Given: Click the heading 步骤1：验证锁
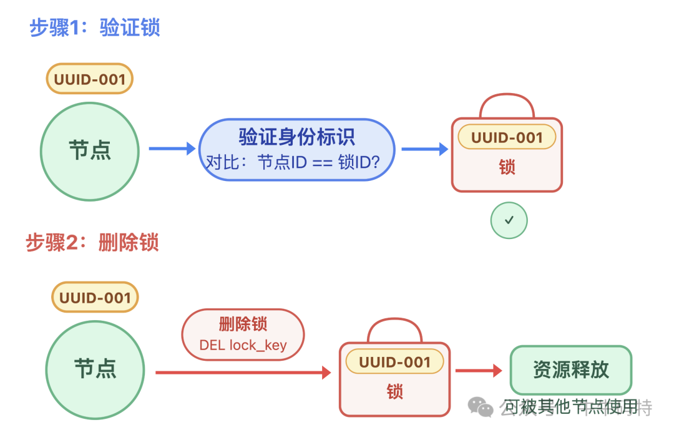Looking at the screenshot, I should (x=95, y=28).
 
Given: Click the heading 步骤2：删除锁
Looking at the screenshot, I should (x=92, y=242).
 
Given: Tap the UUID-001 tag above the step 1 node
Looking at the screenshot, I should (x=90, y=79).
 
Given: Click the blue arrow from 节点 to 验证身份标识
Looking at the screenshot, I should (x=172, y=149).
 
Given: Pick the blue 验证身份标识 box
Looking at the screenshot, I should (x=297, y=150).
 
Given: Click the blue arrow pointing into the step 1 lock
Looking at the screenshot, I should (x=424, y=149).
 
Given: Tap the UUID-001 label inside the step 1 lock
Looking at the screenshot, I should (x=507, y=137).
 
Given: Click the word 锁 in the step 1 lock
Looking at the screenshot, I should (x=507, y=167).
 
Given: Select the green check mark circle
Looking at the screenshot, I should (x=509, y=220).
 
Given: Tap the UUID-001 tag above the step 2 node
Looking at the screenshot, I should (x=95, y=298).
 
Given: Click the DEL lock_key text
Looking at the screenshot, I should (x=243, y=345).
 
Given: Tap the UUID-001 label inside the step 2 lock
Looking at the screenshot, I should (x=394, y=362).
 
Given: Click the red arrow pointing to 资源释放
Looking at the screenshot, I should (x=478, y=371).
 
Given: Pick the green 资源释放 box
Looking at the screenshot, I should (x=571, y=369).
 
